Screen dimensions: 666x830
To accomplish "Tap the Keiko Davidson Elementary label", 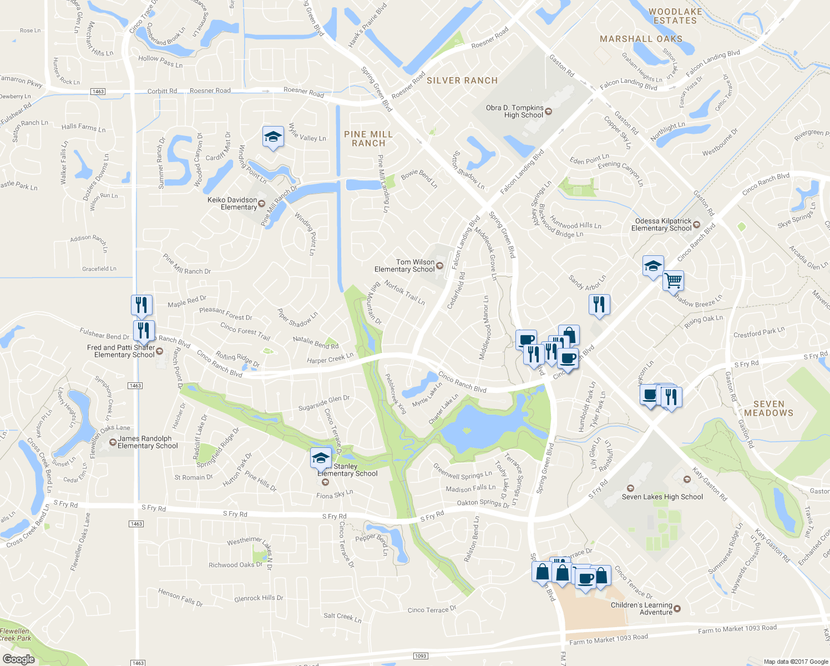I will [x=232, y=204].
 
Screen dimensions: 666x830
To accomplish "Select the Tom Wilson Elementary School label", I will [x=404, y=266].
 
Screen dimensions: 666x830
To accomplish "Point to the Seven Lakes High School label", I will [x=662, y=497].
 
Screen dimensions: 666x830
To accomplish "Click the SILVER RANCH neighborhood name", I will [x=462, y=80].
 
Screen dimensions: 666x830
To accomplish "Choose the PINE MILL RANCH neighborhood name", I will [x=368, y=139].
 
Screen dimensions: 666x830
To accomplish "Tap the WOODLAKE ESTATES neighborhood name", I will [x=675, y=16].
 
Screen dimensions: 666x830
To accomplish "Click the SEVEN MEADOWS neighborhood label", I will [x=768, y=408].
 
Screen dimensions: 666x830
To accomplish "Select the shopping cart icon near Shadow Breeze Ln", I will [x=673, y=280].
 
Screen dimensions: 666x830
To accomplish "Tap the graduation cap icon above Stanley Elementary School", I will [x=321, y=458].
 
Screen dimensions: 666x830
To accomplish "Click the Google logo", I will [x=19, y=659].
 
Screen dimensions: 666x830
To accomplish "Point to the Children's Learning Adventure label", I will [x=641, y=609].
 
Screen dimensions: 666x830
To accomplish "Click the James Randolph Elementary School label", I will [x=148, y=442].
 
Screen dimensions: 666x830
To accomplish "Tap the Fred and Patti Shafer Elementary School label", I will [x=121, y=351].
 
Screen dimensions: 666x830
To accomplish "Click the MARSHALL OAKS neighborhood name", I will [x=641, y=39].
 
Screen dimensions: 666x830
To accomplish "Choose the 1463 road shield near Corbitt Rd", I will [x=98, y=92].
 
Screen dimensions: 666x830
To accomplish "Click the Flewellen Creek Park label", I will [x=16, y=634].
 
